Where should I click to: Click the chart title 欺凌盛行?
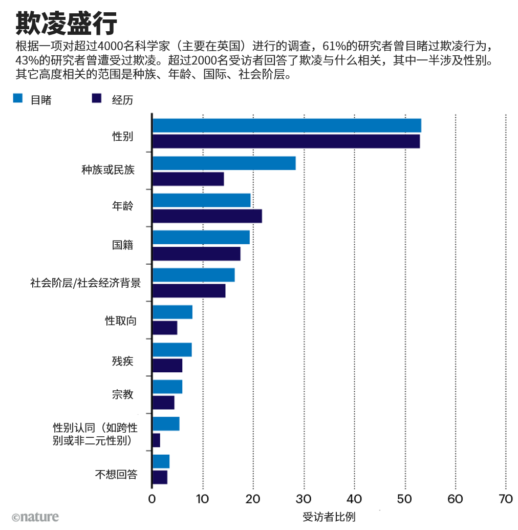[x=66, y=23]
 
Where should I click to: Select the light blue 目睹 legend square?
[x=18, y=98]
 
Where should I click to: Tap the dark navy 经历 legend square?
[x=97, y=98]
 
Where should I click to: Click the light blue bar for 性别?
[x=287, y=125]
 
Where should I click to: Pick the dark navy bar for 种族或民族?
[x=188, y=179]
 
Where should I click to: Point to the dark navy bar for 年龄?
[x=207, y=216]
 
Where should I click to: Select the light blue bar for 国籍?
[x=201, y=237]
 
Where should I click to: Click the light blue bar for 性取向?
[x=172, y=312]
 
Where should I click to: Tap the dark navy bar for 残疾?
[x=167, y=366]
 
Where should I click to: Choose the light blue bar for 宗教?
[x=167, y=387]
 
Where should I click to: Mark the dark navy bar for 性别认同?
[x=156, y=440]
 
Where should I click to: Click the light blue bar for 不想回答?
[x=161, y=461]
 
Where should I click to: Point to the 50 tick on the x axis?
[x=404, y=499]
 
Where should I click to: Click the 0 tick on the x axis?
[x=152, y=499]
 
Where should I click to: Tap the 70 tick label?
[x=506, y=499]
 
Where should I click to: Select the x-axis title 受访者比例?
[x=329, y=517]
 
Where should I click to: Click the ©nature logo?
[x=35, y=517]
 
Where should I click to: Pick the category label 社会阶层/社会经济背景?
[x=85, y=283]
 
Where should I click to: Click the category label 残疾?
[x=123, y=361]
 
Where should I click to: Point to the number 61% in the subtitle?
[x=334, y=46]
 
